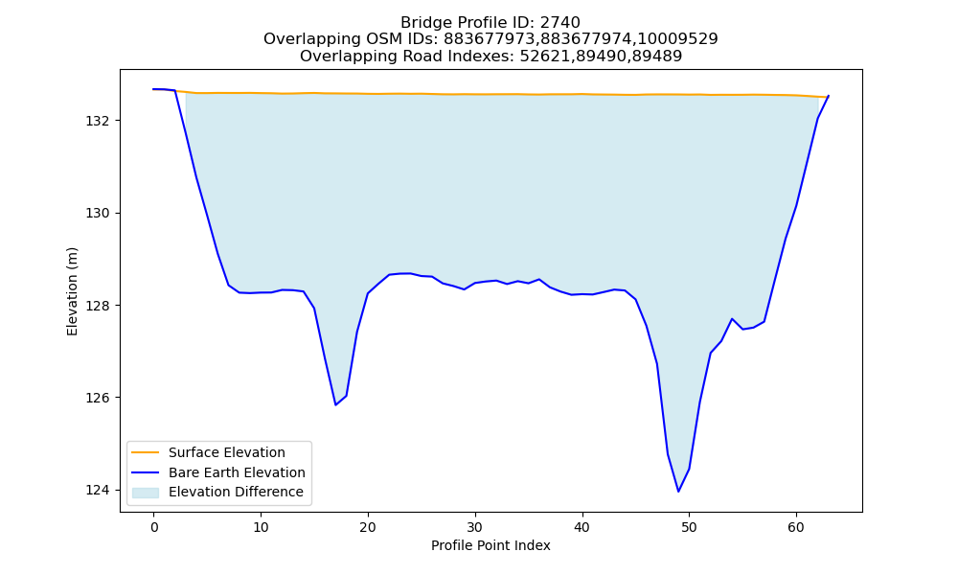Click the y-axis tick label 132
point(97,121)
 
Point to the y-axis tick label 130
point(97,214)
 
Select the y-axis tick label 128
point(97,306)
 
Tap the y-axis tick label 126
point(97,398)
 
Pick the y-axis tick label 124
point(97,490)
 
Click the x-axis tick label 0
point(154,527)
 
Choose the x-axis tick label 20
point(368,527)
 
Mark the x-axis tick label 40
point(582,527)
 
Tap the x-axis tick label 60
point(796,527)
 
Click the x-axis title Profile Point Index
point(490,545)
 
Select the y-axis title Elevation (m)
point(72,291)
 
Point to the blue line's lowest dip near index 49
point(678,492)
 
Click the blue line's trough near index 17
point(335,404)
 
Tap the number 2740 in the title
point(560,23)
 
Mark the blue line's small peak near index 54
point(731,319)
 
